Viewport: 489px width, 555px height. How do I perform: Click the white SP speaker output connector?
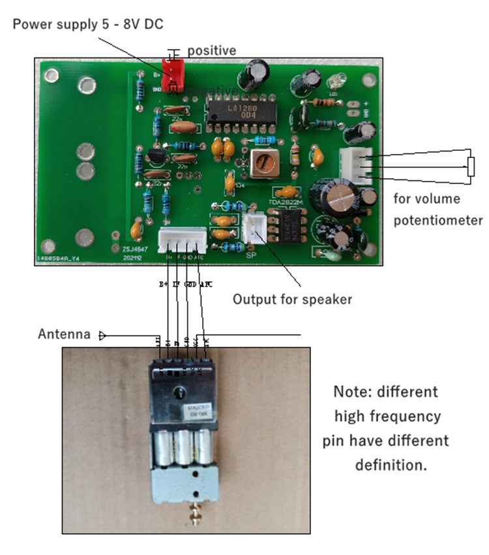click(x=252, y=229)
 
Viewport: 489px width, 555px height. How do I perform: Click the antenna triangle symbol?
click(x=102, y=336)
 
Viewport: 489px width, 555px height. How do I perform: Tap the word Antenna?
click(x=64, y=334)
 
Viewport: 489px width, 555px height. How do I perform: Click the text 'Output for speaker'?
click(x=292, y=300)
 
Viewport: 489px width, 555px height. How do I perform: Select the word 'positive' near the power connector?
click(x=211, y=50)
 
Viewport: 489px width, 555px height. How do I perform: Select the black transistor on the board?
click(x=155, y=157)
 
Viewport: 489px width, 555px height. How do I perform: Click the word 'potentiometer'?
click(x=438, y=220)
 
